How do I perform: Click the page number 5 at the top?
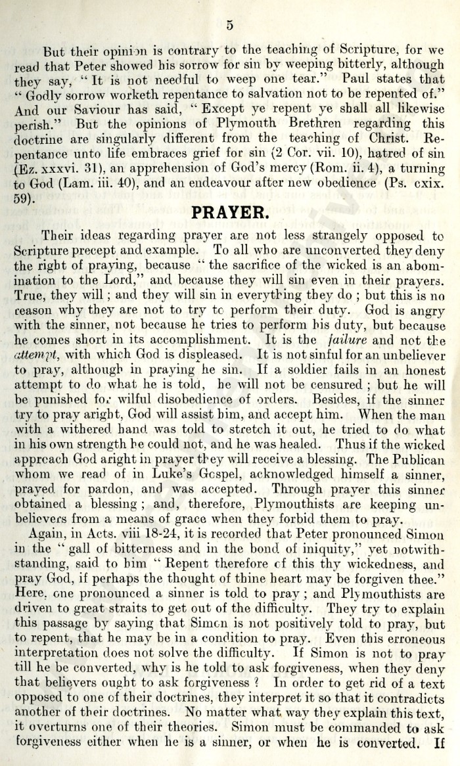230,26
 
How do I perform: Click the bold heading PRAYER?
229,212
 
